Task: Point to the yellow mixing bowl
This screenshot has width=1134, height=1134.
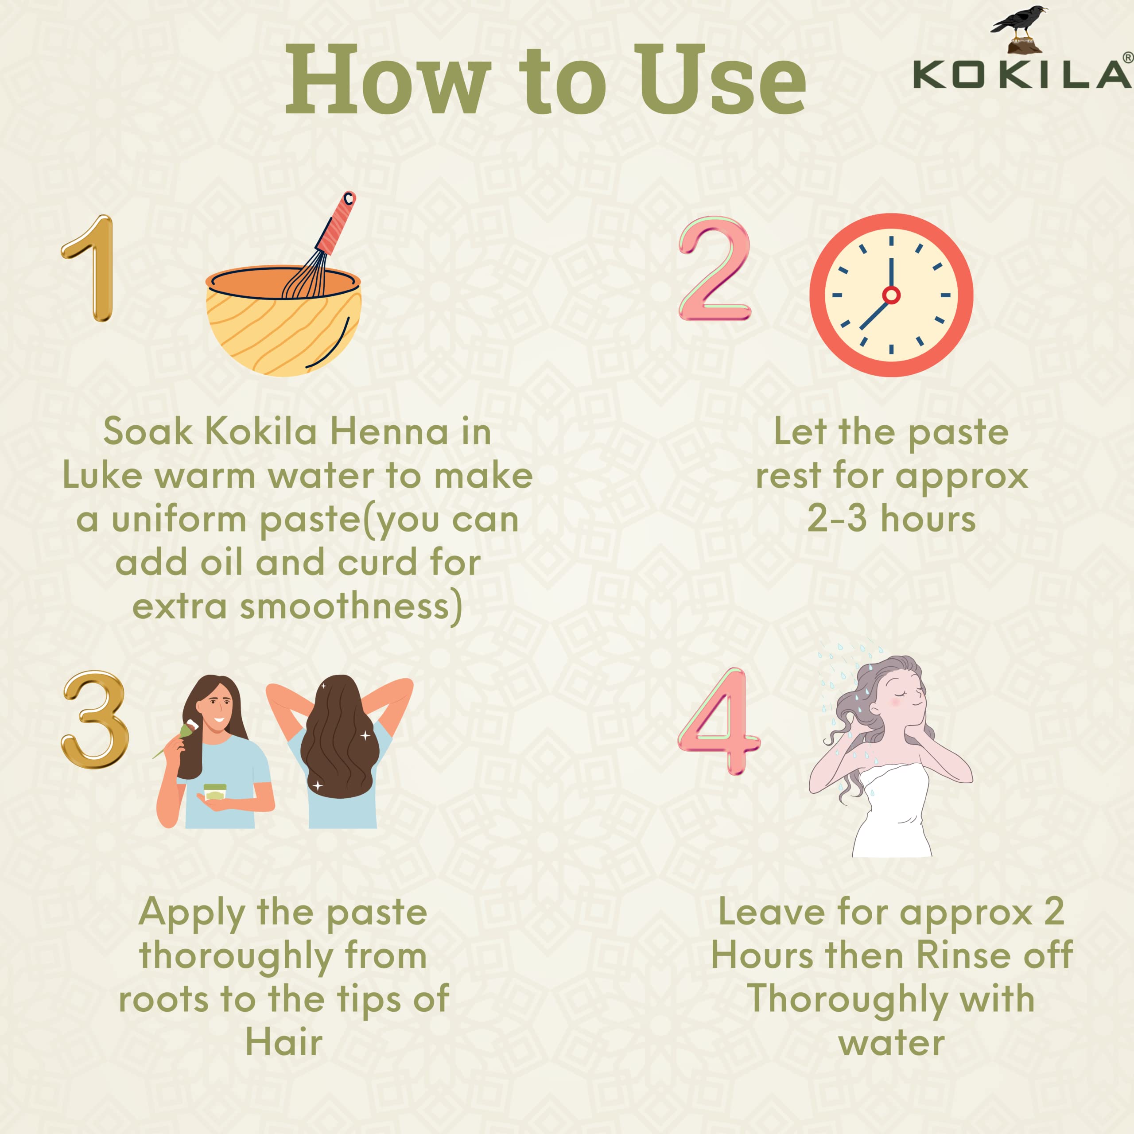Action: pos(283,329)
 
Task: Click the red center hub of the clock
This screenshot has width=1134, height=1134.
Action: pos(891,295)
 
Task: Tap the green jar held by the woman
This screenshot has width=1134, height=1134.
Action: pos(215,792)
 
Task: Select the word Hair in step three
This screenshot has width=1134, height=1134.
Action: pos(283,1043)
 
